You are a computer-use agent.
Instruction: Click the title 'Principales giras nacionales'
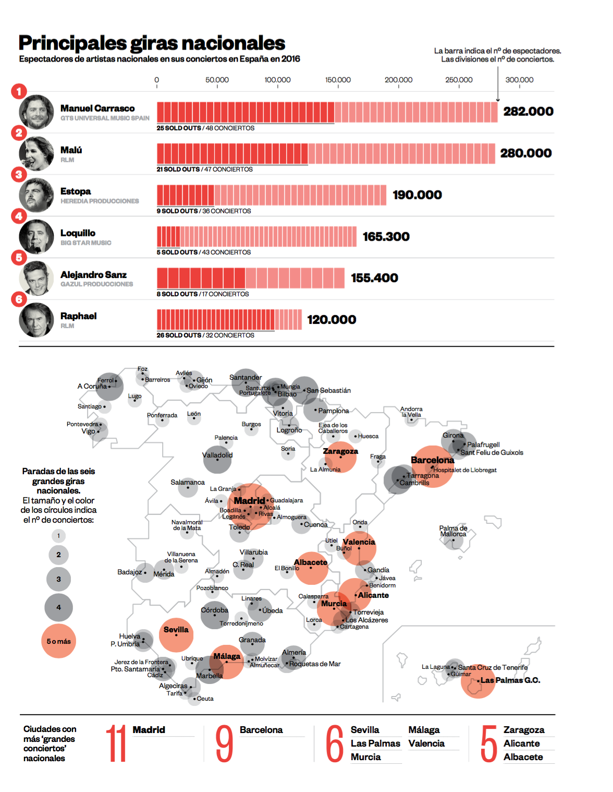[x=152, y=43]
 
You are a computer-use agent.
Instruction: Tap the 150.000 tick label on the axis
[x=338, y=80]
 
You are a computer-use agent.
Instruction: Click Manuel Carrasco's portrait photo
[x=36, y=112]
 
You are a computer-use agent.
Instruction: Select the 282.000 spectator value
[x=528, y=111]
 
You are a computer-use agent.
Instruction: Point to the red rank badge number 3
[x=19, y=174]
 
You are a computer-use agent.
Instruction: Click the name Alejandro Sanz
[x=93, y=274]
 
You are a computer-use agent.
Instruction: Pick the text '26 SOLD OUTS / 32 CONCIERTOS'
[x=205, y=335]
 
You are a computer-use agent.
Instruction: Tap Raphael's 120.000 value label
[x=332, y=319]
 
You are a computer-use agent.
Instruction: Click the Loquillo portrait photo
[x=36, y=236]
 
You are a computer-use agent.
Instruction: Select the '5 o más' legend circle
[x=58, y=641]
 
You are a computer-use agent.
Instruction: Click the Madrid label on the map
[x=249, y=501]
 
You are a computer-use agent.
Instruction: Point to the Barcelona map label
[x=432, y=460]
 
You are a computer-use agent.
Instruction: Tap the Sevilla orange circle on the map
[x=176, y=635]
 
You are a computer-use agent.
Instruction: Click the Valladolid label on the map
[x=217, y=455]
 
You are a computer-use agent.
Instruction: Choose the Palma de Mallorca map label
[x=453, y=531]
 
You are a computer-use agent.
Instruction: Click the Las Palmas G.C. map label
[x=510, y=680]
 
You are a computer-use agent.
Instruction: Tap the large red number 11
[x=116, y=743]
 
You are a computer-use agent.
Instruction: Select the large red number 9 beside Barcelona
[x=224, y=743]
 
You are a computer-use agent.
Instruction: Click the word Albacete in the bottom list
[x=523, y=757]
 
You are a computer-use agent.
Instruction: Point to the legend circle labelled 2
[x=58, y=555]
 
